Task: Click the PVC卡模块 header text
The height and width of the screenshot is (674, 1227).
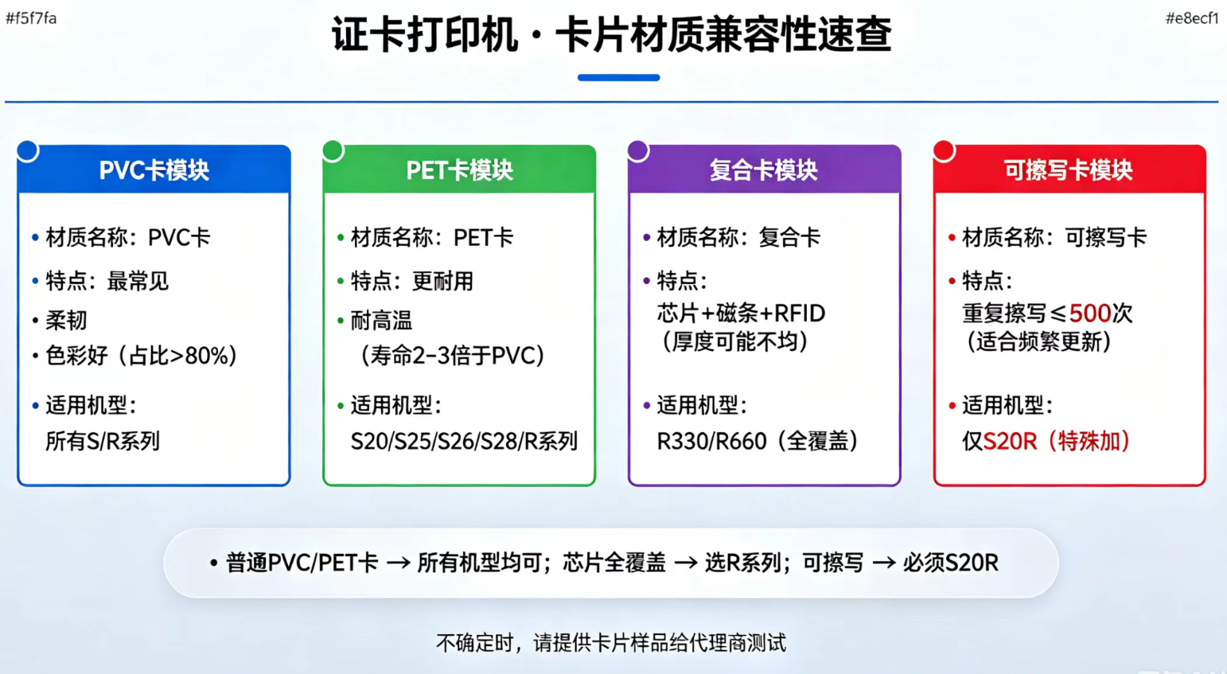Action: tap(154, 170)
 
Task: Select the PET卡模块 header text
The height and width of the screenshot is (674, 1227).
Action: tap(459, 170)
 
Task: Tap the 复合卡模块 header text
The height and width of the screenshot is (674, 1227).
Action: tap(764, 170)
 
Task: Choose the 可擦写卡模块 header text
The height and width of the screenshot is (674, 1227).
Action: tap(1068, 170)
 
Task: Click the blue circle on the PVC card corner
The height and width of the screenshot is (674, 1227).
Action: tap(27, 150)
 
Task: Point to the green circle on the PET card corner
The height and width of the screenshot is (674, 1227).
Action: tap(333, 150)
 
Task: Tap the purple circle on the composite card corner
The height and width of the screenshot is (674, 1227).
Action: tap(638, 150)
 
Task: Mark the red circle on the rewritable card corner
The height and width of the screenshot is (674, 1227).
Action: tap(944, 150)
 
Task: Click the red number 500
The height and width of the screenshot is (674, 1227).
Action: tap(1089, 314)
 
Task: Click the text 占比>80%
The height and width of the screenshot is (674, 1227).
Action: tap(178, 356)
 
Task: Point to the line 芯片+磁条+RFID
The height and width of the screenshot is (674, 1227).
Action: tap(741, 314)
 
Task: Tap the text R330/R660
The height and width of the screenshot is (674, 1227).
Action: tap(711, 441)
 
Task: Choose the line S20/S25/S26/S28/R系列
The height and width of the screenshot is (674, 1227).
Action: tap(464, 441)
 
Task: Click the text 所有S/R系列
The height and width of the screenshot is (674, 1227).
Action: tap(103, 441)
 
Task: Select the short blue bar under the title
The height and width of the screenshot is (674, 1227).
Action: tap(618, 78)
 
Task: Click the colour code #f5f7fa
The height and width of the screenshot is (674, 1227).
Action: tap(31, 18)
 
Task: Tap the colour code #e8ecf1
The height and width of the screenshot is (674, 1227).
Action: tap(1192, 18)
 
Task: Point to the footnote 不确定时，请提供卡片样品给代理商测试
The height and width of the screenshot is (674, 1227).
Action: tap(611, 643)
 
